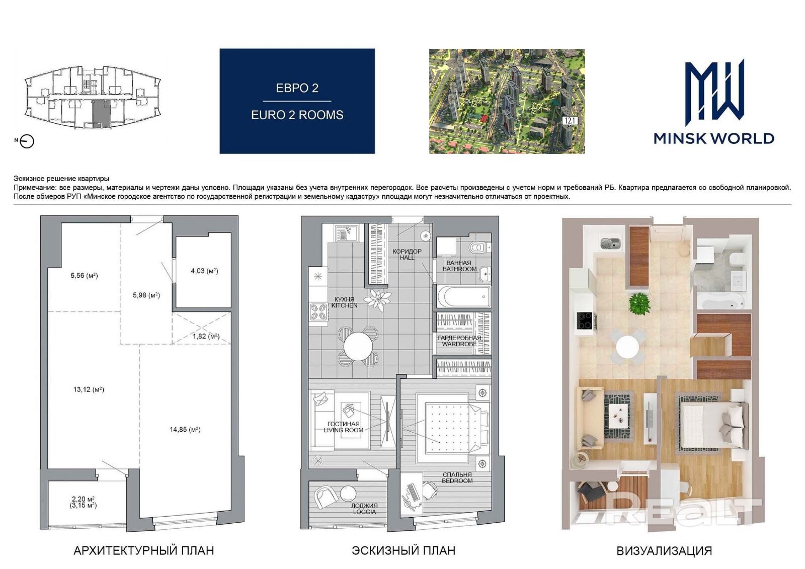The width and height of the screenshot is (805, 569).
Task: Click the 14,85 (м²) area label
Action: coord(185,430)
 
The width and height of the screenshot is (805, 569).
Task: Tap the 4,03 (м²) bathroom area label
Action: coord(204,271)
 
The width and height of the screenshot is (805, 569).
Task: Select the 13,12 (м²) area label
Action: coord(89,389)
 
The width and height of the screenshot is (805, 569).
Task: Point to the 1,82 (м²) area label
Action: coord(206,337)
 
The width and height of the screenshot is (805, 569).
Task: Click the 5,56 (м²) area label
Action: coord(84,276)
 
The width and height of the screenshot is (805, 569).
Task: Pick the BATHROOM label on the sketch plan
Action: coord(460,269)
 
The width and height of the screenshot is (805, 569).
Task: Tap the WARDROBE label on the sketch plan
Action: coord(459,344)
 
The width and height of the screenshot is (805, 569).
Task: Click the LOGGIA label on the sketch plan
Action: coord(364,512)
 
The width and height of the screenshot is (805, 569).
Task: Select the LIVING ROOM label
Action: coord(344,430)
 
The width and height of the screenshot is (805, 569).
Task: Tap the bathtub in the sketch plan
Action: coord(464,297)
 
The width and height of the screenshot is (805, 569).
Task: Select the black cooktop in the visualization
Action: coord(585,320)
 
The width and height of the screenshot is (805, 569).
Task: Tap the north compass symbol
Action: coord(27,141)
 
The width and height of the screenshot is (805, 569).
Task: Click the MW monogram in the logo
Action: coord(714,93)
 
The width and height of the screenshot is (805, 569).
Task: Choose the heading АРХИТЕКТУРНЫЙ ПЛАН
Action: coord(144,550)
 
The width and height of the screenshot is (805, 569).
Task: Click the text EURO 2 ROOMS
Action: coord(297,115)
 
